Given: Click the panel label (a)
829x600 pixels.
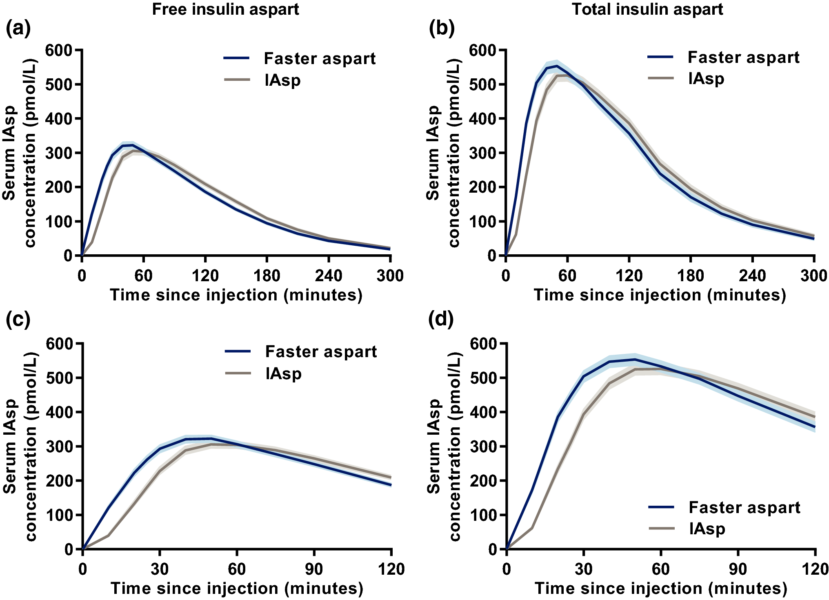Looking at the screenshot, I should [18, 29].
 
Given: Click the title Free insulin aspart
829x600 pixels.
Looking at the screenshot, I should [225, 9].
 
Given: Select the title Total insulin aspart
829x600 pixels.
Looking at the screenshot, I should [647, 9].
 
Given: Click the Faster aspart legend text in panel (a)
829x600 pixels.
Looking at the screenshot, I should [319, 59].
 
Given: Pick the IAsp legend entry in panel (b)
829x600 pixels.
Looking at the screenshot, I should [706, 78].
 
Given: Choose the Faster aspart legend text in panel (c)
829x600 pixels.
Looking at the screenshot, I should [321, 352].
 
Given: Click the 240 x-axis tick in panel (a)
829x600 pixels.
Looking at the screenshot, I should [329, 276].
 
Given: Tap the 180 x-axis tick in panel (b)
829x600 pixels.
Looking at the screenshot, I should [691, 276].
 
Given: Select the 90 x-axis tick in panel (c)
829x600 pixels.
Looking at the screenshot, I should [313, 569].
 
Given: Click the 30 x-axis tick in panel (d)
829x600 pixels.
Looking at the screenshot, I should [584, 569].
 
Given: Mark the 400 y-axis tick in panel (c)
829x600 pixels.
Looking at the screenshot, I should [59, 412].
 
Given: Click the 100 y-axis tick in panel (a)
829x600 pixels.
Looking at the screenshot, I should [58, 222].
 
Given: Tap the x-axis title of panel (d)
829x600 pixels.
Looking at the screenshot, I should [661, 588].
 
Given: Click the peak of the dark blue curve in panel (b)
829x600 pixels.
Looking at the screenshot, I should [557, 66].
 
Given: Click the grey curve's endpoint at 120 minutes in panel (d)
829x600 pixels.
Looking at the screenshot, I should [815, 417].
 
